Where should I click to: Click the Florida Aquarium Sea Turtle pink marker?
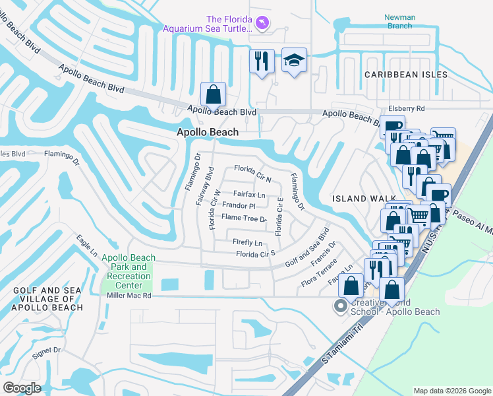[x=264, y=24]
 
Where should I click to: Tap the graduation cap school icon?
[x=294, y=61]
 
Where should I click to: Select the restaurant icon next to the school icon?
[x=262, y=61]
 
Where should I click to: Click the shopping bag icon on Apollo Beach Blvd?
[x=213, y=94]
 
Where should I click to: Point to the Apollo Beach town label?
[x=207, y=132]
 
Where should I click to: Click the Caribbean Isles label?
[x=406, y=75]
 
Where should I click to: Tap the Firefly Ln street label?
[x=248, y=243]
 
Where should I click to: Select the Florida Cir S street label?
[x=255, y=253]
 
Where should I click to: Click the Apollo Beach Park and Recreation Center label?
[x=129, y=271]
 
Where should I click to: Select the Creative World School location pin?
[x=340, y=306]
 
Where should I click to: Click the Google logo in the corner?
[x=22, y=387]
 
